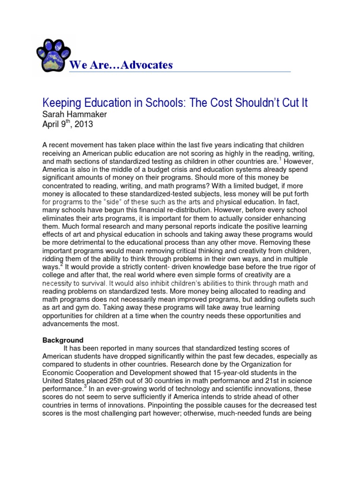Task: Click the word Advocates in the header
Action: (x=146, y=65)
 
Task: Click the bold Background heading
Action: (x=63, y=340)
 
